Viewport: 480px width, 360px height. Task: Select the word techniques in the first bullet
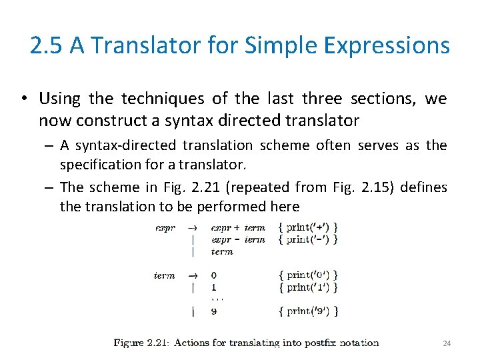point(163,99)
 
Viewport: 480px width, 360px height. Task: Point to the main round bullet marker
point(23,99)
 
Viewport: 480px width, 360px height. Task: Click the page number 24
point(447,343)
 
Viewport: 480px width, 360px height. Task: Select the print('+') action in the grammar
point(308,227)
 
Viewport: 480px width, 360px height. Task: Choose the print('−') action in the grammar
point(308,239)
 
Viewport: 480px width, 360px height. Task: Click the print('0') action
point(308,275)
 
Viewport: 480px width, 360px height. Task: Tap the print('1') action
point(308,287)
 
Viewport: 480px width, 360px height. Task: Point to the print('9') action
point(308,311)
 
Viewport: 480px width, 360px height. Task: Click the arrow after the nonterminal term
point(193,275)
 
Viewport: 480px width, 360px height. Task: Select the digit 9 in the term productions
point(213,311)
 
